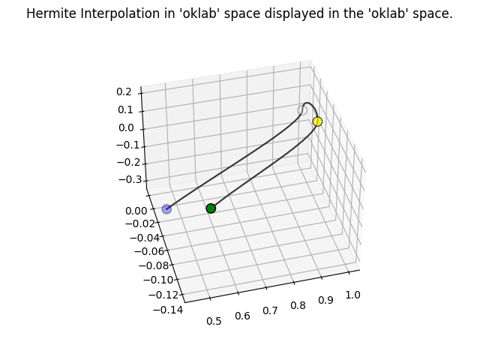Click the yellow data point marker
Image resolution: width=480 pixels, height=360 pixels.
click(317, 121)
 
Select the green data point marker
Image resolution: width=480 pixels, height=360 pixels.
click(211, 208)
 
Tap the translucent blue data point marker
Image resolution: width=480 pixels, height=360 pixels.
click(166, 208)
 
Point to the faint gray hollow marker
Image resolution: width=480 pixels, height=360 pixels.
click(302, 111)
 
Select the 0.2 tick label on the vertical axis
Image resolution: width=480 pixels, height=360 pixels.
click(124, 91)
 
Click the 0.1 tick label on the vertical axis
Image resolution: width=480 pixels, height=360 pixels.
click(124, 109)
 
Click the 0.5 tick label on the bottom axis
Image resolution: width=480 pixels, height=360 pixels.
click(214, 322)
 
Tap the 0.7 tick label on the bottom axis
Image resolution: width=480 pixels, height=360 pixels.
click(270, 310)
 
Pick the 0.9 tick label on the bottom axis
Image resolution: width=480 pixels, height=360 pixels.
click(325, 300)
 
